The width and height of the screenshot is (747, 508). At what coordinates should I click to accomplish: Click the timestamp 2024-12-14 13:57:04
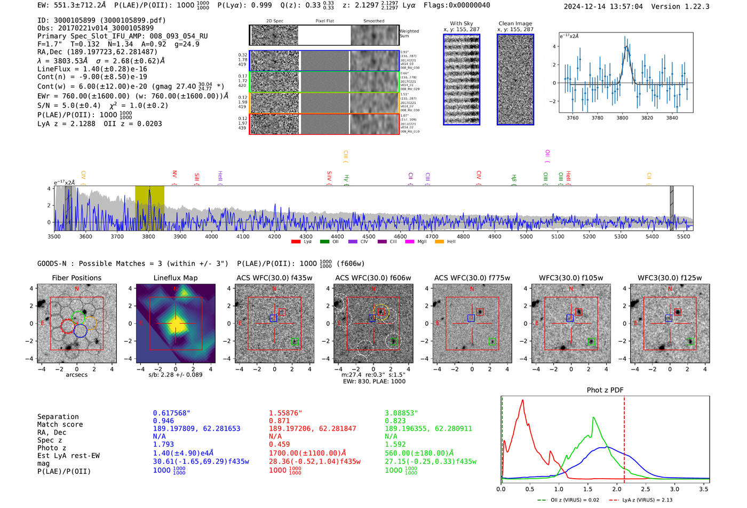coord(603,6)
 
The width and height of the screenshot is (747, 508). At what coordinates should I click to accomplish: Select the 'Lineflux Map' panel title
coord(175,278)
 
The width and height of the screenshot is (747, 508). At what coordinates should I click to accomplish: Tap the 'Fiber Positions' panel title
coord(76,278)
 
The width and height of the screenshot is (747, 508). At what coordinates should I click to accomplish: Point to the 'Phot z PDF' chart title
coord(605,390)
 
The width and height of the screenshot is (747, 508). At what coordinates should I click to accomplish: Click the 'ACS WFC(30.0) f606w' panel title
coord(373,278)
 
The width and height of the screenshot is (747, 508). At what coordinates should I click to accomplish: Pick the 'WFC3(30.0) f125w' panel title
coord(670,278)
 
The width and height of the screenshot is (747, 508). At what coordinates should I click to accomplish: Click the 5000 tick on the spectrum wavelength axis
coord(526,237)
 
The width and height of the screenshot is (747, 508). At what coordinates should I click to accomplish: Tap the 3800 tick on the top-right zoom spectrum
coord(622,118)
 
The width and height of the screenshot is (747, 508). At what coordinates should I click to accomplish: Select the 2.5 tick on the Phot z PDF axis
coord(646,489)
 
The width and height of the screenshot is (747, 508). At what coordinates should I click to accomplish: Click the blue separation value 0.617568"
coord(171,413)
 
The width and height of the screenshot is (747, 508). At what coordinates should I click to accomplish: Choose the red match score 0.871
coord(279,421)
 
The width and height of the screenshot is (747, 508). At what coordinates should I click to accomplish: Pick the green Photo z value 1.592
coord(395,444)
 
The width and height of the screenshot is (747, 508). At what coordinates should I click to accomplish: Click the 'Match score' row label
coord(60,425)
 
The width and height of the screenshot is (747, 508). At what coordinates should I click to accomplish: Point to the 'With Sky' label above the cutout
coord(461,23)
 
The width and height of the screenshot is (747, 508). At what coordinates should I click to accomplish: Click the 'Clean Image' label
coord(515,23)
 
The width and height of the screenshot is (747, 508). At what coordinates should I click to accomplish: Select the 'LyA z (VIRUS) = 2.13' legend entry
coord(646,500)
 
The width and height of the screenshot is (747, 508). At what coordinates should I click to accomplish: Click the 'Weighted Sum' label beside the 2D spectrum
coord(409,34)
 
